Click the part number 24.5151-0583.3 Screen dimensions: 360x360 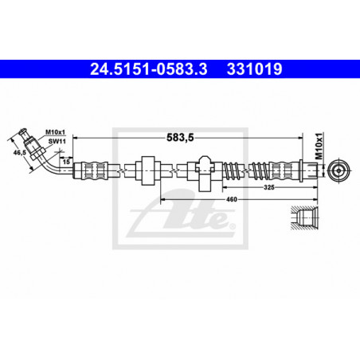pyautogui.click(x=149, y=69)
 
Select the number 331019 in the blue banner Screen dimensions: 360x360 pyautogui.click(x=254, y=69)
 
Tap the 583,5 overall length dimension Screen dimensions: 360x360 pyautogui.click(x=180, y=138)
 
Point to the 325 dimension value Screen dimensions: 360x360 pyautogui.click(x=269, y=187)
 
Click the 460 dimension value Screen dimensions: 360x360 pyautogui.click(x=232, y=199)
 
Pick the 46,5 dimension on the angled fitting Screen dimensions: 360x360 pyautogui.click(x=20, y=152)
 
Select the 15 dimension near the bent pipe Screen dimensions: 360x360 pyautogui.click(x=66, y=162)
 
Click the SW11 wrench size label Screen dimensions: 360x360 pyautogui.click(x=57, y=141)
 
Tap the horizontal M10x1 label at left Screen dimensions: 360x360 pyautogui.click(x=55, y=132)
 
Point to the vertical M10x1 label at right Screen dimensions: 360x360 pyautogui.click(x=319, y=146)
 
